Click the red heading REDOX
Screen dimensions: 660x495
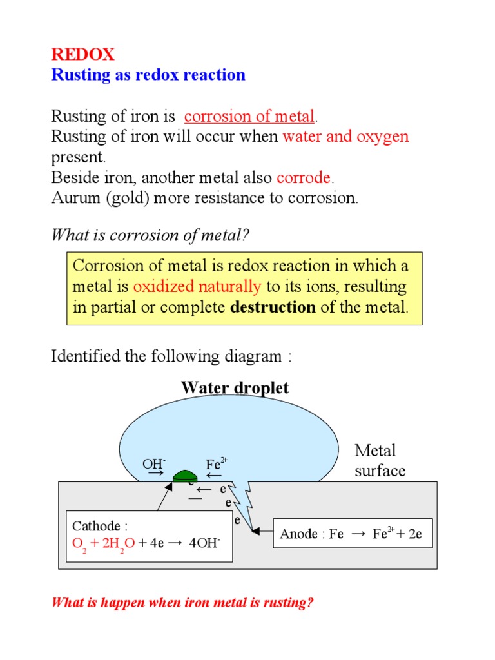click(x=82, y=55)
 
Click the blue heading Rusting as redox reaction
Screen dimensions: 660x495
click(x=148, y=75)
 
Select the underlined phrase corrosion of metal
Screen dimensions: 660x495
click(x=249, y=117)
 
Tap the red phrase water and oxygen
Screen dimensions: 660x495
click(x=345, y=137)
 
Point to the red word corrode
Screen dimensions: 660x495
click(x=304, y=177)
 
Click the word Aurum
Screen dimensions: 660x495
click(x=73, y=198)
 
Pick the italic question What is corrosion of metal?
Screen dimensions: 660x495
click(x=150, y=236)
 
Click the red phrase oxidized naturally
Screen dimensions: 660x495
click(x=197, y=286)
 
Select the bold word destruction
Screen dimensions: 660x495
click(x=273, y=307)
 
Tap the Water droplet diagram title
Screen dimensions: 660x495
click(x=235, y=387)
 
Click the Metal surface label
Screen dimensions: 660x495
click(x=380, y=460)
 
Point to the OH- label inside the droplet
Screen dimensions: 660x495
click(x=154, y=464)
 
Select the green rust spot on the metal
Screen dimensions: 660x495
click(x=186, y=476)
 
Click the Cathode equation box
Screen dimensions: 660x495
click(x=147, y=534)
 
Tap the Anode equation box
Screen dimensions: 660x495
click(x=353, y=534)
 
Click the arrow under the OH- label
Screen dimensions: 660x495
click(x=155, y=473)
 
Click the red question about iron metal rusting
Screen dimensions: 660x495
click(x=182, y=604)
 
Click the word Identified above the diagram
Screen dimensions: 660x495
click(x=82, y=356)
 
